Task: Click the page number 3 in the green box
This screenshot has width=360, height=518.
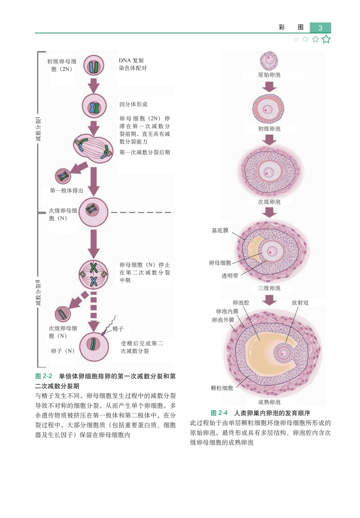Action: (x=320, y=28)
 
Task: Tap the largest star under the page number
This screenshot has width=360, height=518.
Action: (x=326, y=39)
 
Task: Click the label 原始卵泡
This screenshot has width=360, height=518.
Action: (x=269, y=75)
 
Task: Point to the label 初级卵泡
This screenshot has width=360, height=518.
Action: (x=269, y=129)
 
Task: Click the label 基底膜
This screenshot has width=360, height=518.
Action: (x=220, y=230)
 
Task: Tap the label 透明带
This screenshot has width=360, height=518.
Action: (x=229, y=276)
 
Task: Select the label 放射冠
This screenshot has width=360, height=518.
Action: (x=300, y=303)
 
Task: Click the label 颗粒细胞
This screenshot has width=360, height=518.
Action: (x=222, y=388)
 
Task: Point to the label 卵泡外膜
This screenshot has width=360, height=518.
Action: (x=223, y=320)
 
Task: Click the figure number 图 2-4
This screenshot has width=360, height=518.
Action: (x=219, y=413)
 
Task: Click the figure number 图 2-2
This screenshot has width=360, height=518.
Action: (x=44, y=376)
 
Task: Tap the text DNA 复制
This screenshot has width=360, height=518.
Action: (x=131, y=60)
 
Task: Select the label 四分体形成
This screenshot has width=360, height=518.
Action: (x=133, y=105)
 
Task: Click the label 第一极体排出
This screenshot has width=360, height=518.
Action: (x=66, y=191)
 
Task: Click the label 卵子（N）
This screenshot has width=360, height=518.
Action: (x=63, y=351)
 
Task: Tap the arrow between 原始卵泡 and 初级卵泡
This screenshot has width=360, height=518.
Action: (x=270, y=86)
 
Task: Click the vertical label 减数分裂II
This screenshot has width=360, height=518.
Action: (x=39, y=292)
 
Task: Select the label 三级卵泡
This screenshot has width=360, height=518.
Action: (x=269, y=288)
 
